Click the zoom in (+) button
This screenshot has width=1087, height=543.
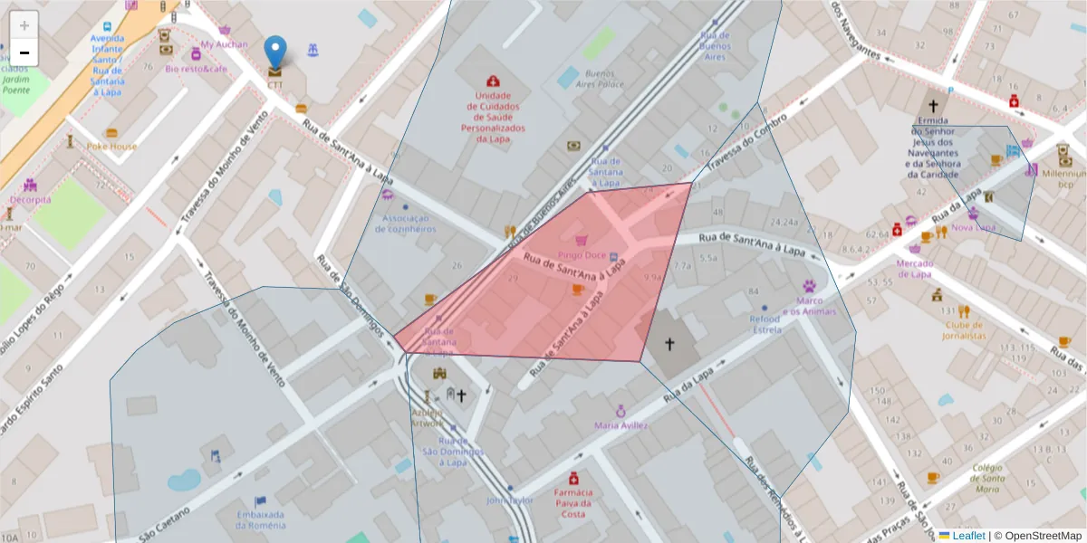24,25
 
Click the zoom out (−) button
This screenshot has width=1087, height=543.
24,52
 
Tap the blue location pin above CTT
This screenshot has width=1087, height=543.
274,52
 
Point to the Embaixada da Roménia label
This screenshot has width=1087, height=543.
261,519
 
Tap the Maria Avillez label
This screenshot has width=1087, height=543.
620,424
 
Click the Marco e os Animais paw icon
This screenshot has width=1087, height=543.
808,285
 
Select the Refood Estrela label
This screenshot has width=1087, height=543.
765,324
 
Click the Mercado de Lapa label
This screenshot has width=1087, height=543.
914,269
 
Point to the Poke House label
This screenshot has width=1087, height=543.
112,146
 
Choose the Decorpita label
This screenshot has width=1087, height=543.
31,199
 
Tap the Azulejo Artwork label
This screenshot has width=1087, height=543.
428,417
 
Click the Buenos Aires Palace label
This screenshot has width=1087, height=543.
604,79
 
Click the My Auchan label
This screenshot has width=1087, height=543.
223,43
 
